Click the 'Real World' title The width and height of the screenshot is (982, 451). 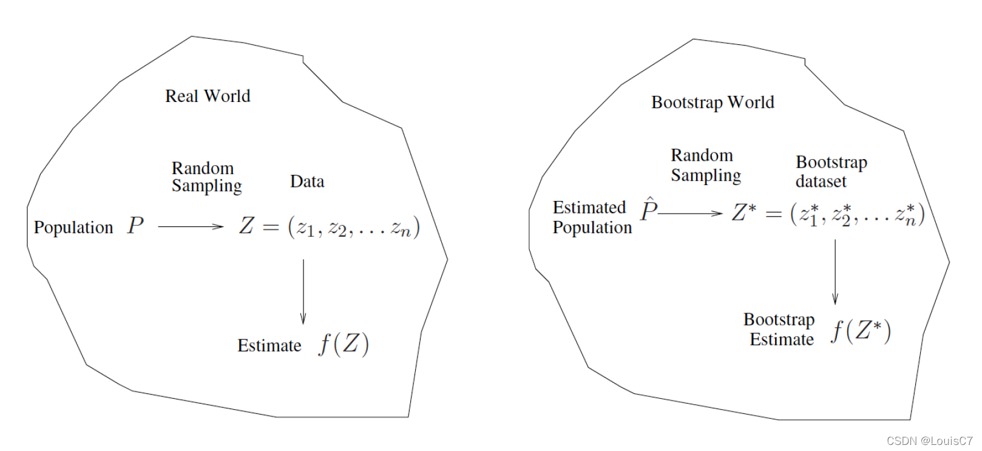[x=208, y=96]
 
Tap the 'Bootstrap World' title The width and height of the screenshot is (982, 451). [x=713, y=102]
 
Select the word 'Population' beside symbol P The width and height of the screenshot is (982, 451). [x=73, y=228]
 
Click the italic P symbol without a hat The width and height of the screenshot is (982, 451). [x=135, y=226]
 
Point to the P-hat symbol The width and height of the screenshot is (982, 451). [x=649, y=210]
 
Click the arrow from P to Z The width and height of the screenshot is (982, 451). [x=191, y=227]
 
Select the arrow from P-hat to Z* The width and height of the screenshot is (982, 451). [x=691, y=214]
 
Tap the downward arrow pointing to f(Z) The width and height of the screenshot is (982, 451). [x=303, y=291]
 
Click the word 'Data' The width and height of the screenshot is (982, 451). [x=307, y=181]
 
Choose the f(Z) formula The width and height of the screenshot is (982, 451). [x=344, y=344]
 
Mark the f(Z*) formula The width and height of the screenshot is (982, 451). [x=861, y=331]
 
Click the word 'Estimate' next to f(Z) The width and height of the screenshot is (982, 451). [x=269, y=346]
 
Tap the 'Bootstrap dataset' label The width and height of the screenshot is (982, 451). [x=831, y=172]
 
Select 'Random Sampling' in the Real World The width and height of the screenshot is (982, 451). [x=206, y=177]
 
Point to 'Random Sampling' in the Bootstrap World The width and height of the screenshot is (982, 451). [x=705, y=165]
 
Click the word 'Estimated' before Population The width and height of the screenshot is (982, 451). [x=589, y=208]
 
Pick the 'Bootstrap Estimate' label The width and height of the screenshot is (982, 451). [x=779, y=329]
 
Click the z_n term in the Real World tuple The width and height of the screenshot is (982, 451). [x=401, y=228]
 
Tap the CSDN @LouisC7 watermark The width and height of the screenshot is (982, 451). [x=929, y=441]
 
